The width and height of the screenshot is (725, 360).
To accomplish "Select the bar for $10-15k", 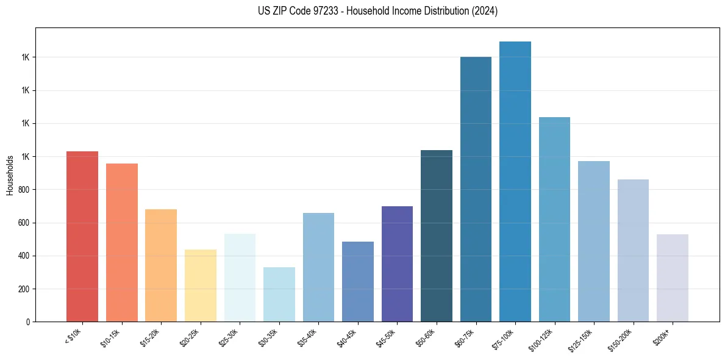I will pyautogui.click(x=122, y=242).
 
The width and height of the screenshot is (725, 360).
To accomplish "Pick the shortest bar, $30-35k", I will pyautogui.click(x=279, y=294).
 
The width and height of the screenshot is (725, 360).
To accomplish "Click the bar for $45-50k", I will pyautogui.click(x=397, y=264).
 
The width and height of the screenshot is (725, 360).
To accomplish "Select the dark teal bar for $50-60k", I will pyautogui.click(x=437, y=236).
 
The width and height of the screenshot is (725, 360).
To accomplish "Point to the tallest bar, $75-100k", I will pyautogui.click(x=515, y=181).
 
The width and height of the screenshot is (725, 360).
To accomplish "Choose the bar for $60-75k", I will pyautogui.click(x=476, y=189).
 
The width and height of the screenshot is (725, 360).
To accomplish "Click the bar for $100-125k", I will pyautogui.click(x=554, y=219).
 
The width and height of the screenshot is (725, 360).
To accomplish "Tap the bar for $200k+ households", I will pyautogui.click(x=673, y=278).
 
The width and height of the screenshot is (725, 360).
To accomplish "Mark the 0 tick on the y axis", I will pyautogui.click(x=28, y=322).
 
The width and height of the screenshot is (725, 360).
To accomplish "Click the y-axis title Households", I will pyautogui.click(x=10, y=175).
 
